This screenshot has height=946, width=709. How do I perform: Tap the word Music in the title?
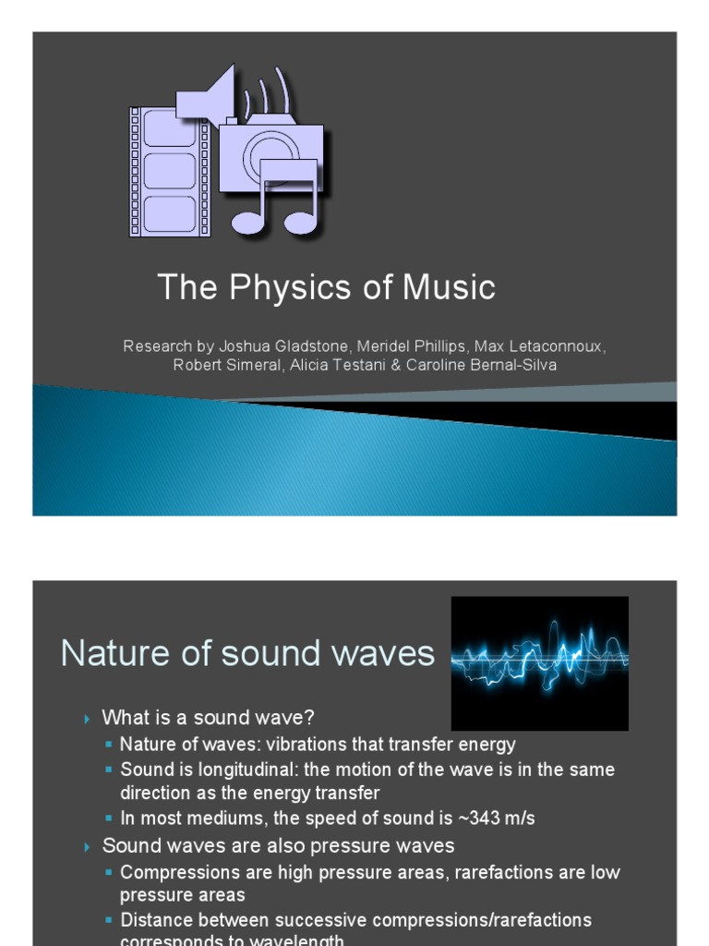(448, 288)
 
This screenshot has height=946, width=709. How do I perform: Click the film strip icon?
(170, 172)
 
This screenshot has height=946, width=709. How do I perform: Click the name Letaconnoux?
(540, 346)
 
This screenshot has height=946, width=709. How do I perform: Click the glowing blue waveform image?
(539, 662)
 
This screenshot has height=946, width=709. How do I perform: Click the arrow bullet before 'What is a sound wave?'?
(88, 719)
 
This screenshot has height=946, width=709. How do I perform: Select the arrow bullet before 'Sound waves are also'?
(88, 846)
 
